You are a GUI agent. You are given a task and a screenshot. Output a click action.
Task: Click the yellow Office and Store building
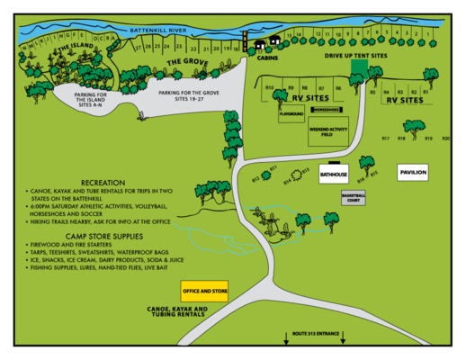click(x=204, y=292)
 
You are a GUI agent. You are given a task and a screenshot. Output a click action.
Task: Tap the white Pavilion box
click(x=413, y=171)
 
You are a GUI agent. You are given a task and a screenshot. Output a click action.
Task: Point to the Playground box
click(x=291, y=114)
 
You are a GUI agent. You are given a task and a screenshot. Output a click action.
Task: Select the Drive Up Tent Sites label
click(x=354, y=56)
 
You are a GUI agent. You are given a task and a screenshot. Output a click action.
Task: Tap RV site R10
click(x=270, y=86)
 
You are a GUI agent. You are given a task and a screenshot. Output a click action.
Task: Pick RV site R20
click(x=445, y=138)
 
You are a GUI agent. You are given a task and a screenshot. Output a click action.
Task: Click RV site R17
click(x=385, y=138)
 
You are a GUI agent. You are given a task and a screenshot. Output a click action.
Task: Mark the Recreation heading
click(x=103, y=183)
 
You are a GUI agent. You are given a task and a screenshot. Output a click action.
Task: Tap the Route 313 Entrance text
click(x=316, y=334)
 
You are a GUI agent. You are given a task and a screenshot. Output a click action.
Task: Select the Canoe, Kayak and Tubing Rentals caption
click(x=176, y=311)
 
